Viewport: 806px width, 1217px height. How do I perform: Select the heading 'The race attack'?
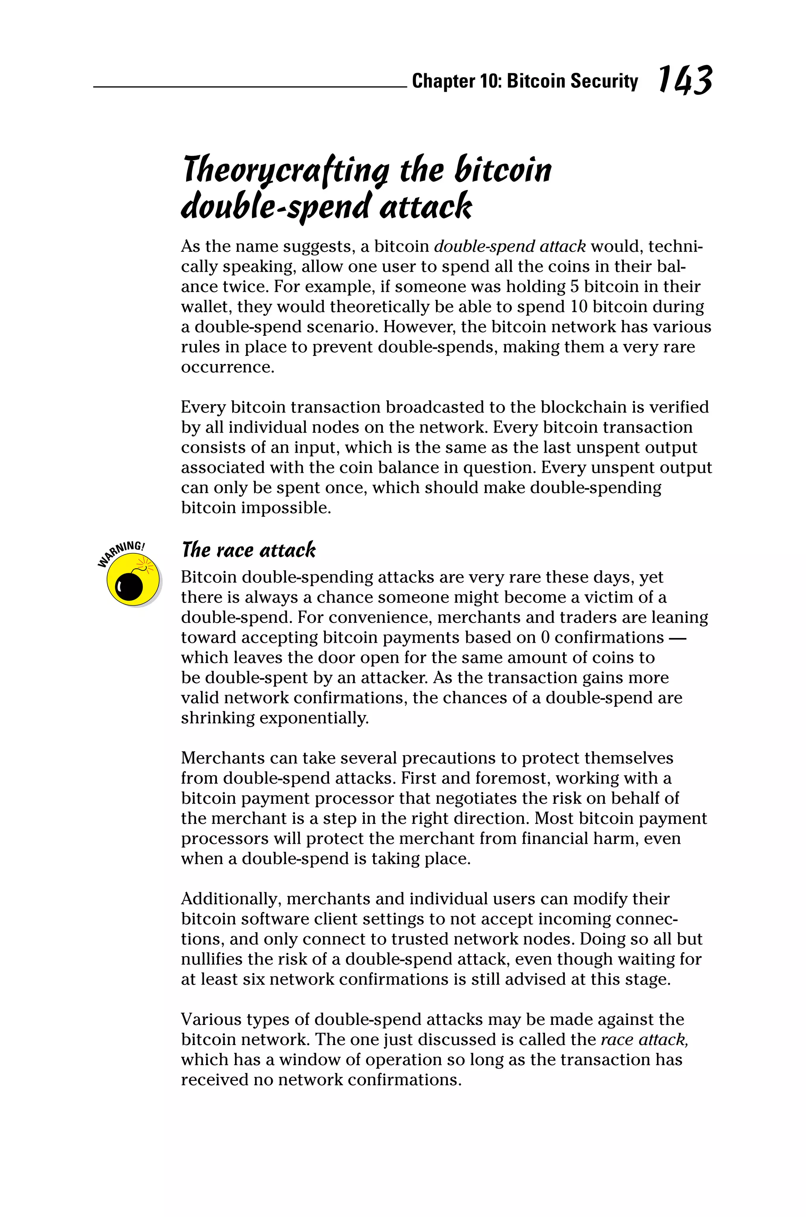pos(248,550)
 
